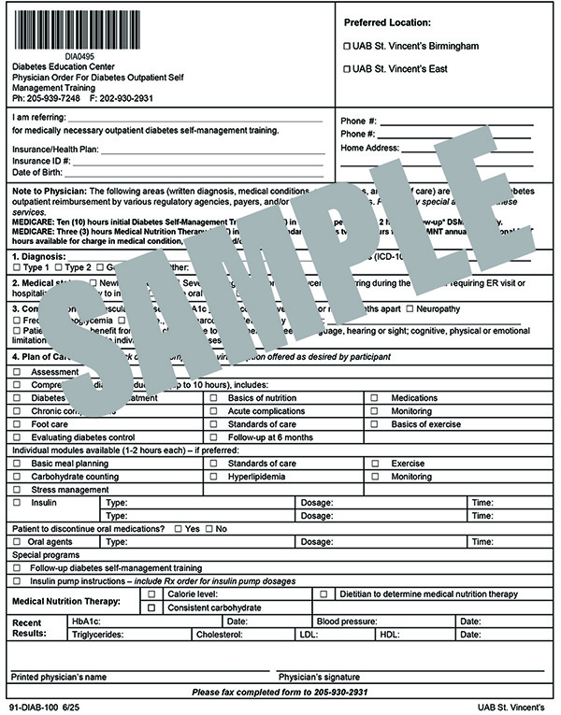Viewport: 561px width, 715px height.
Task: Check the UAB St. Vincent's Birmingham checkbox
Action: [348, 46]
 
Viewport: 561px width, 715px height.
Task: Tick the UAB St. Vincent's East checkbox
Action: [348, 69]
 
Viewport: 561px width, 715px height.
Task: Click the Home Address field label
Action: [369, 148]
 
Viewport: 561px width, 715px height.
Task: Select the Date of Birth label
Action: [37, 172]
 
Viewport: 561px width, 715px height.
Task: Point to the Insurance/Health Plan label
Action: [55, 148]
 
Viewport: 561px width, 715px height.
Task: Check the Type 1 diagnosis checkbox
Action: [17, 267]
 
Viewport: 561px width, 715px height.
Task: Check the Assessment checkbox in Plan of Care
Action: [17, 371]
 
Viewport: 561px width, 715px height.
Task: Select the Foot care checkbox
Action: [17, 424]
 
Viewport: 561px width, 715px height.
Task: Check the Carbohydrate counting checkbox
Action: [17, 476]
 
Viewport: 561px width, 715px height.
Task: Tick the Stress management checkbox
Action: [17, 489]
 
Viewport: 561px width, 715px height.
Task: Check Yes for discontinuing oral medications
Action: [178, 529]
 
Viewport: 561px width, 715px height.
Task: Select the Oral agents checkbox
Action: [17, 542]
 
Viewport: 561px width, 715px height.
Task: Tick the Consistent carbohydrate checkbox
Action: [151, 608]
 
